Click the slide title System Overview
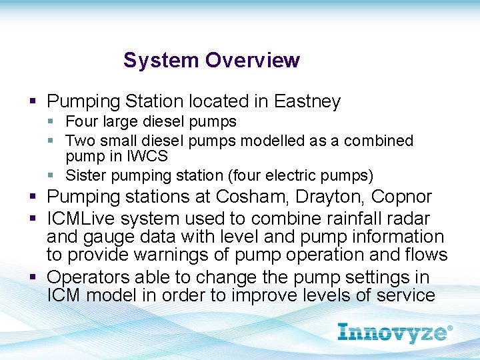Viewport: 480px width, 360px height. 211,60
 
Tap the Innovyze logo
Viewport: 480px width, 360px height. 395,332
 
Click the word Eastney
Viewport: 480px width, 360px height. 307,102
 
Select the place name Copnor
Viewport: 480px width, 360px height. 401,197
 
